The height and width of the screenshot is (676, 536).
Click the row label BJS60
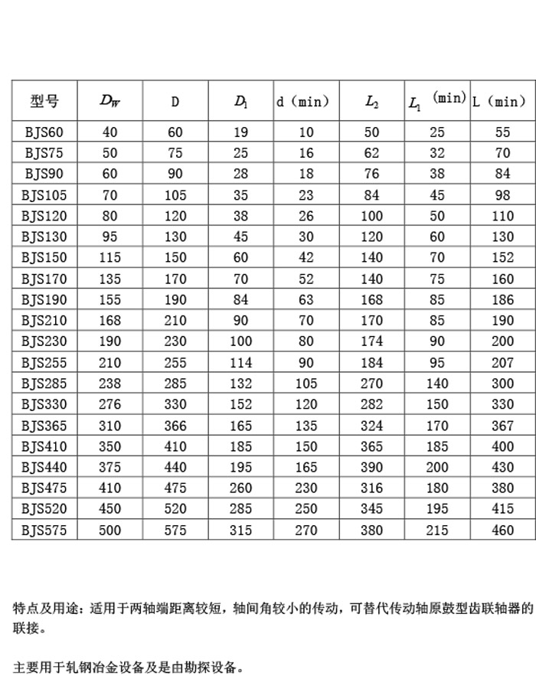(x=44, y=132)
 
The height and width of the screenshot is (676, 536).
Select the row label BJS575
(x=44, y=530)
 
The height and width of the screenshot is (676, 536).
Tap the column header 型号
(x=44, y=101)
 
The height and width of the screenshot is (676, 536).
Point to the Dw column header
(x=109, y=101)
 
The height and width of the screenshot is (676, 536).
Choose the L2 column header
(x=372, y=101)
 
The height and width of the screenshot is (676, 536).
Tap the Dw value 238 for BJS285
(x=109, y=384)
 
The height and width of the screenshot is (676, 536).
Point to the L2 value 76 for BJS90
(x=372, y=174)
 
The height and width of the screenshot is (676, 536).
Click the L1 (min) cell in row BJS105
(x=437, y=195)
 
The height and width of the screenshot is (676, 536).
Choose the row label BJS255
(x=44, y=362)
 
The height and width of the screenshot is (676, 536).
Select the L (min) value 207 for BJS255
(x=502, y=362)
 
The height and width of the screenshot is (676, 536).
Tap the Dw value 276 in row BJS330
(x=109, y=404)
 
